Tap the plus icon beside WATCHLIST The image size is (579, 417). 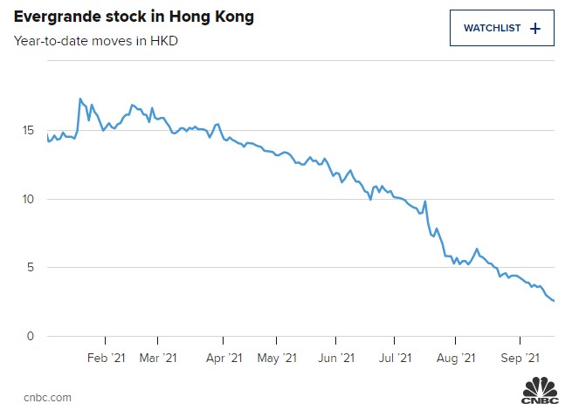pos(535,28)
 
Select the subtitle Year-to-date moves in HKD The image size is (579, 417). pos(96,40)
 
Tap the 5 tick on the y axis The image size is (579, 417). pos(31,268)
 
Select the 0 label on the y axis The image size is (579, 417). pos(31,336)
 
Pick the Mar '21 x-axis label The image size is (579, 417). pos(158,357)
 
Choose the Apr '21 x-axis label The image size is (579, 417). pos(224,357)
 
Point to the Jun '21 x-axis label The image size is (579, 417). pos(337,357)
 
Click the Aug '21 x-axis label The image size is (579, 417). pos(456,357)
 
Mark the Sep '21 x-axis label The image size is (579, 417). pos(521,357)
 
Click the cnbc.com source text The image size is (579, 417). pos(43,398)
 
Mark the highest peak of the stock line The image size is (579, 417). pos(80,99)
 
